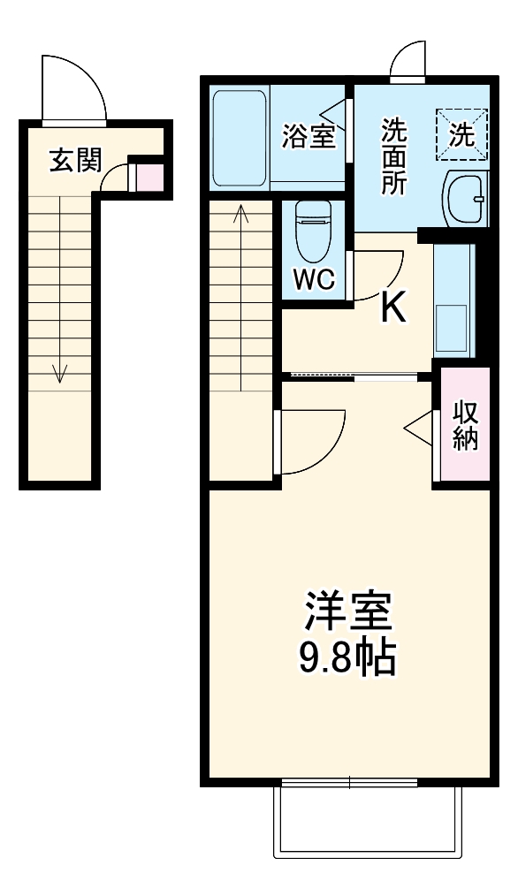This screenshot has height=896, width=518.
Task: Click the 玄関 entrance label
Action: click(74, 162)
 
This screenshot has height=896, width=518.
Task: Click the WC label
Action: click(314, 280)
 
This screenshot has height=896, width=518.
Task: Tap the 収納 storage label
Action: click(465, 426)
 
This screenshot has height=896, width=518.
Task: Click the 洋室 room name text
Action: click(349, 610)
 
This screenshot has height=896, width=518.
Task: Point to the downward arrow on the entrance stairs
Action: click(60, 371)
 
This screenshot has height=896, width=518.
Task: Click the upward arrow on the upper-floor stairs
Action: click(241, 216)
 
